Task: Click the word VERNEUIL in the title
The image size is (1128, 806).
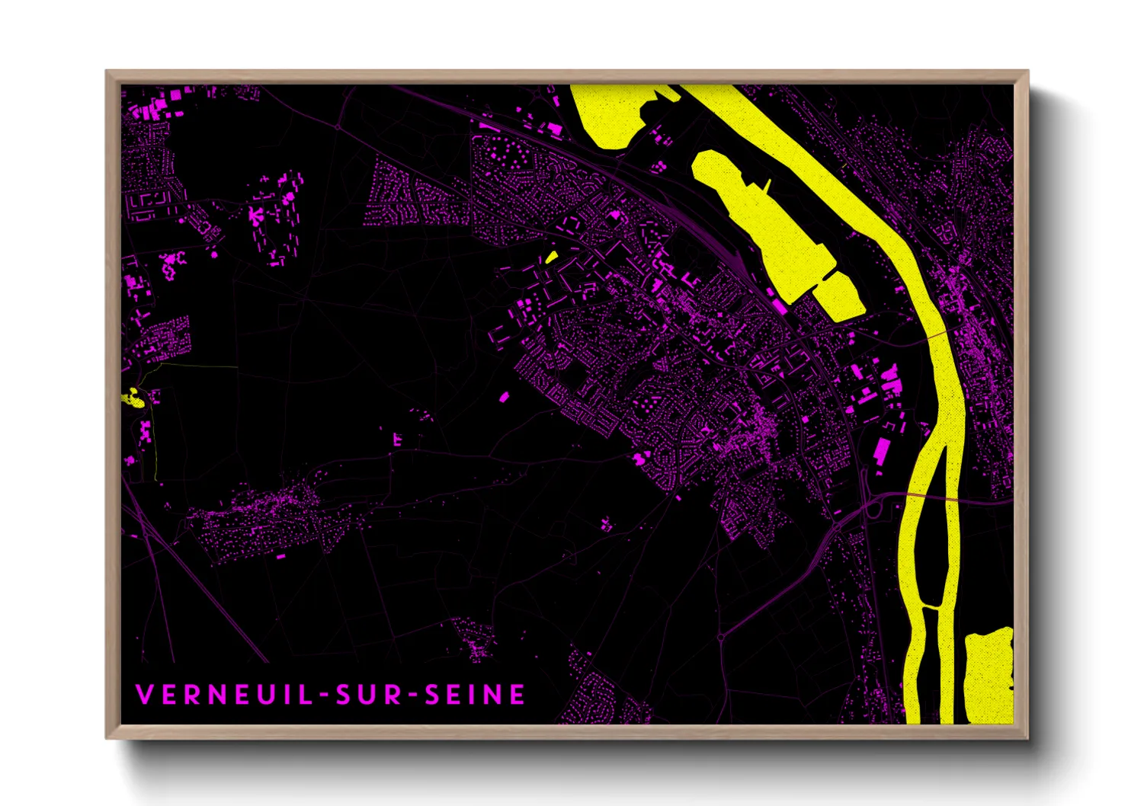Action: tap(221, 695)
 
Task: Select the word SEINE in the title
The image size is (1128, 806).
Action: tap(475, 695)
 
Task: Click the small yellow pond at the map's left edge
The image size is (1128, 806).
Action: tap(135, 398)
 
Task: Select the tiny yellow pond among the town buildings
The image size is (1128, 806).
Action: tap(551, 257)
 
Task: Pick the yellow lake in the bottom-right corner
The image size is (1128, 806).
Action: tap(989, 674)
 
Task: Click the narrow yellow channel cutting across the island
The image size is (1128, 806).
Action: tap(931, 607)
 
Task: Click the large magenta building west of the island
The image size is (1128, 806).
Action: tap(881, 449)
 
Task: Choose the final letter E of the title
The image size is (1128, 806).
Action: tap(518, 695)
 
